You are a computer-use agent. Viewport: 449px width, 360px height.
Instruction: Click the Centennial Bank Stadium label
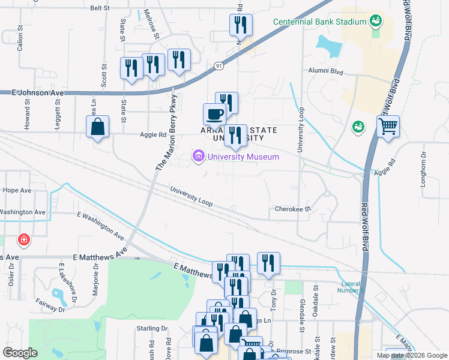coord(319,22)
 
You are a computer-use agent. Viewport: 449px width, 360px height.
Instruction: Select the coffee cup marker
coord(214,113)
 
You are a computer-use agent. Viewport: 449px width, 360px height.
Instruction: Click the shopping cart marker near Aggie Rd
coord(388,127)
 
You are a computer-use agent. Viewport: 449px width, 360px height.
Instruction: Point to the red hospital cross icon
coord(23,240)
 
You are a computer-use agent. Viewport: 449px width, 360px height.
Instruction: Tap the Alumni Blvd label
coord(325,71)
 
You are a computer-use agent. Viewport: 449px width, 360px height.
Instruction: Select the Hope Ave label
coord(16,190)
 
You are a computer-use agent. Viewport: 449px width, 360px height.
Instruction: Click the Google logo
coord(20,352)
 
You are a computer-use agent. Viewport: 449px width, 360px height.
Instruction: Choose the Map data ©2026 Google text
coord(412,355)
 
